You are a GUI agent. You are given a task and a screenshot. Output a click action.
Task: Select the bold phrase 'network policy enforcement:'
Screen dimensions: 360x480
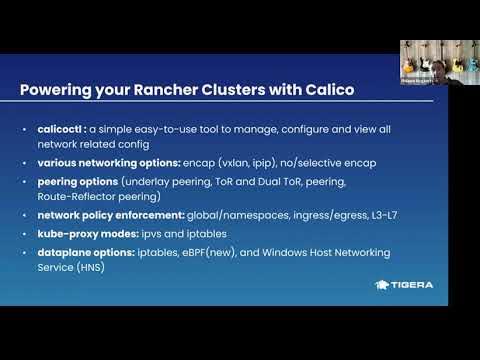pos(100,214)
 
